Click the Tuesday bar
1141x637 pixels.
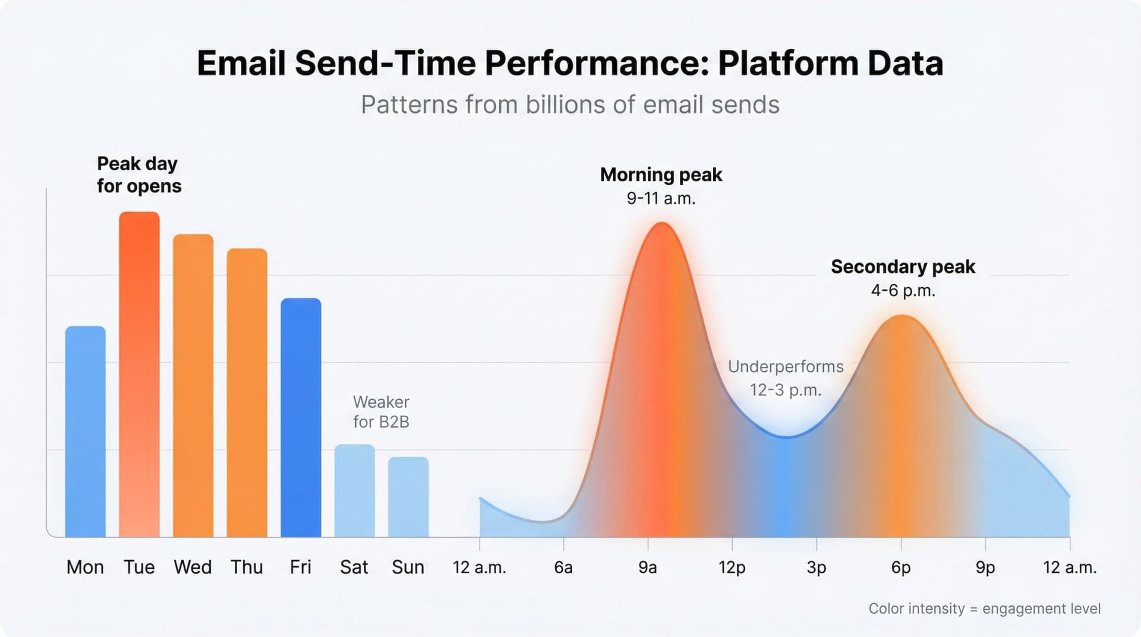pyautogui.click(x=139, y=375)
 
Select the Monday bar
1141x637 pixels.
pyautogui.click(x=85, y=431)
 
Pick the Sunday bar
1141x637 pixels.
pyautogui.click(x=408, y=497)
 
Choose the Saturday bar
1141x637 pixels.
pyautogui.click(x=354, y=491)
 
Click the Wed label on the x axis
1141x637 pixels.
pyautogui.click(x=193, y=567)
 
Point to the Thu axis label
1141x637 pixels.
pyautogui.click(x=247, y=567)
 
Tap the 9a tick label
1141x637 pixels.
pyautogui.click(x=648, y=567)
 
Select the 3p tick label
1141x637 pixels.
pyautogui.click(x=817, y=567)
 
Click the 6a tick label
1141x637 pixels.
pyautogui.click(x=563, y=567)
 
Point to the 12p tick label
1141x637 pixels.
pyautogui.click(x=732, y=567)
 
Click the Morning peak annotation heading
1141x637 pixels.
pyautogui.click(x=661, y=175)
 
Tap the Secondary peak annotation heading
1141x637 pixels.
pyautogui.click(x=903, y=267)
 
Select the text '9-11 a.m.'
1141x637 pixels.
pyautogui.click(x=661, y=199)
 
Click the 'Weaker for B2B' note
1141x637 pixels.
pyautogui.click(x=381, y=412)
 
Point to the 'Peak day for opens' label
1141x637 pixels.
pyautogui.click(x=138, y=175)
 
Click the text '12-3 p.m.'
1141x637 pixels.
pyautogui.click(x=786, y=390)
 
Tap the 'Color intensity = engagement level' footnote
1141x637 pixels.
pyautogui.click(x=984, y=608)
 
